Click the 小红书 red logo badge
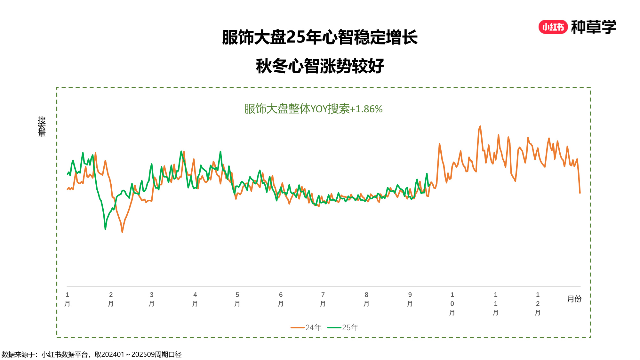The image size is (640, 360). click(553, 27)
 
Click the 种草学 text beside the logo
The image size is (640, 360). click(594, 27)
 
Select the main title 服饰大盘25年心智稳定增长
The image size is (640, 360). click(320, 37)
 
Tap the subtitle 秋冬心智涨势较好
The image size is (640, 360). click(320, 66)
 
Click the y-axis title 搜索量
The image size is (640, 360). click(42, 127)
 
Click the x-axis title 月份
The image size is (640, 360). click(574, 299)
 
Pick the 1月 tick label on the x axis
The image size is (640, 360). click(67, 299)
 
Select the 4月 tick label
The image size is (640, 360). click(195, 299)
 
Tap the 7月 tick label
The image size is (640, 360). click(323, 299)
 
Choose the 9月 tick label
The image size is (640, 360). click(410, 299)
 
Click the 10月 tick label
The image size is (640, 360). click(452, 303)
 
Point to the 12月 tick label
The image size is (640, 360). click(538, 303)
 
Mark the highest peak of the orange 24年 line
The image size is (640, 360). click(480, 126)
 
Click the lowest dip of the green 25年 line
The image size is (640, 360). click(105, 229)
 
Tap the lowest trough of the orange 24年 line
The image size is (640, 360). click(122, 232)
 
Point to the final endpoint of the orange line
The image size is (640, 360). click(580, 193)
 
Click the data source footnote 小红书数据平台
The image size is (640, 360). click(65, 355)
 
